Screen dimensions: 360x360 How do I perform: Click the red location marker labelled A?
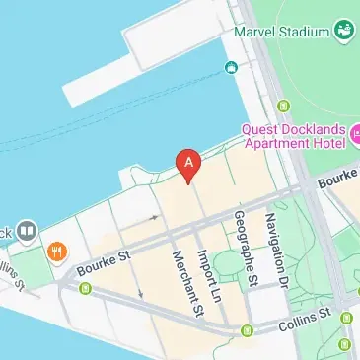tap(188, 163)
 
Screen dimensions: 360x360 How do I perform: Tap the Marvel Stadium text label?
tap(281, 30)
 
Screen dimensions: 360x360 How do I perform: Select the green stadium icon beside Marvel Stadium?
tap(344, 30)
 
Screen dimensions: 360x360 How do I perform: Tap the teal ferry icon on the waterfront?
tap(231, 67)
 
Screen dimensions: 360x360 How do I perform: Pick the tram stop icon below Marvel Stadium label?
tap(286, 105)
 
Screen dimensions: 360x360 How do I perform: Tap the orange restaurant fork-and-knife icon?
tap(59, 250)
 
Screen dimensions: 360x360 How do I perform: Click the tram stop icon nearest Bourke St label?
tap(85, 289)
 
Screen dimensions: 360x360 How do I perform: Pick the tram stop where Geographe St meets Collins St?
tap(247, 329)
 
